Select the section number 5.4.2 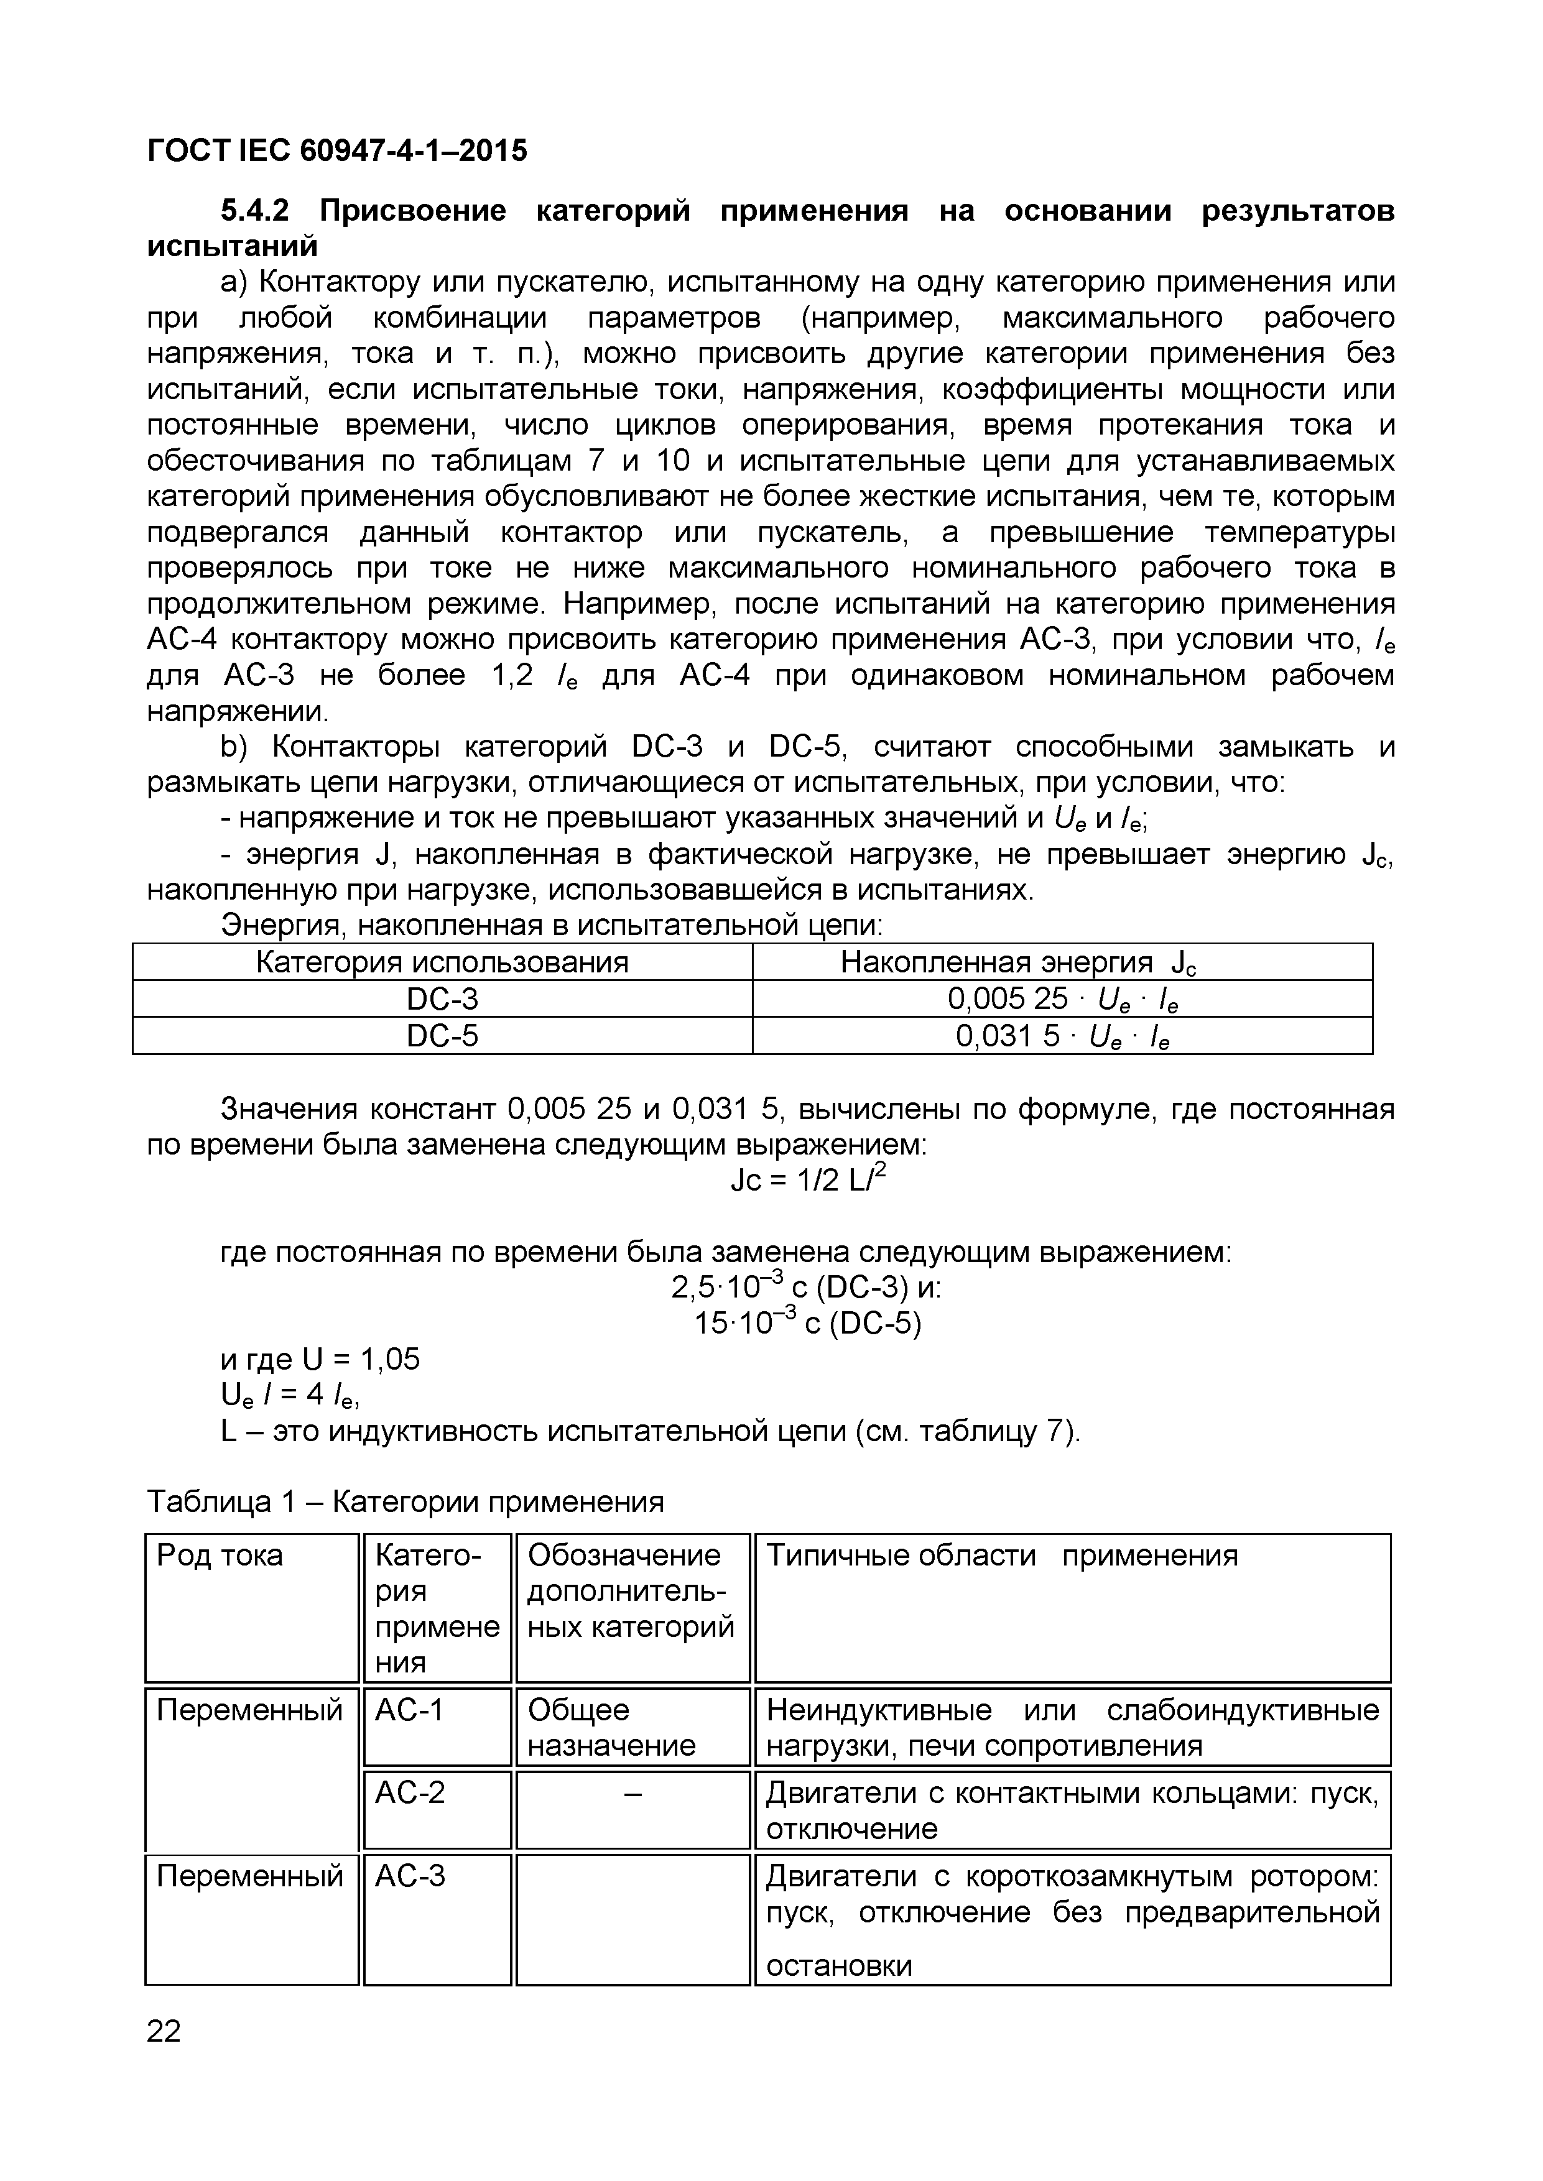[256, 210]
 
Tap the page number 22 [164, 2031]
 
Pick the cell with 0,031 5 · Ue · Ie [1062, 1035]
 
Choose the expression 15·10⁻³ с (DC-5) [808, 1323]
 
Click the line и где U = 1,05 [320, 1359]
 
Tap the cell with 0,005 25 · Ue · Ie [1062, 999]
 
